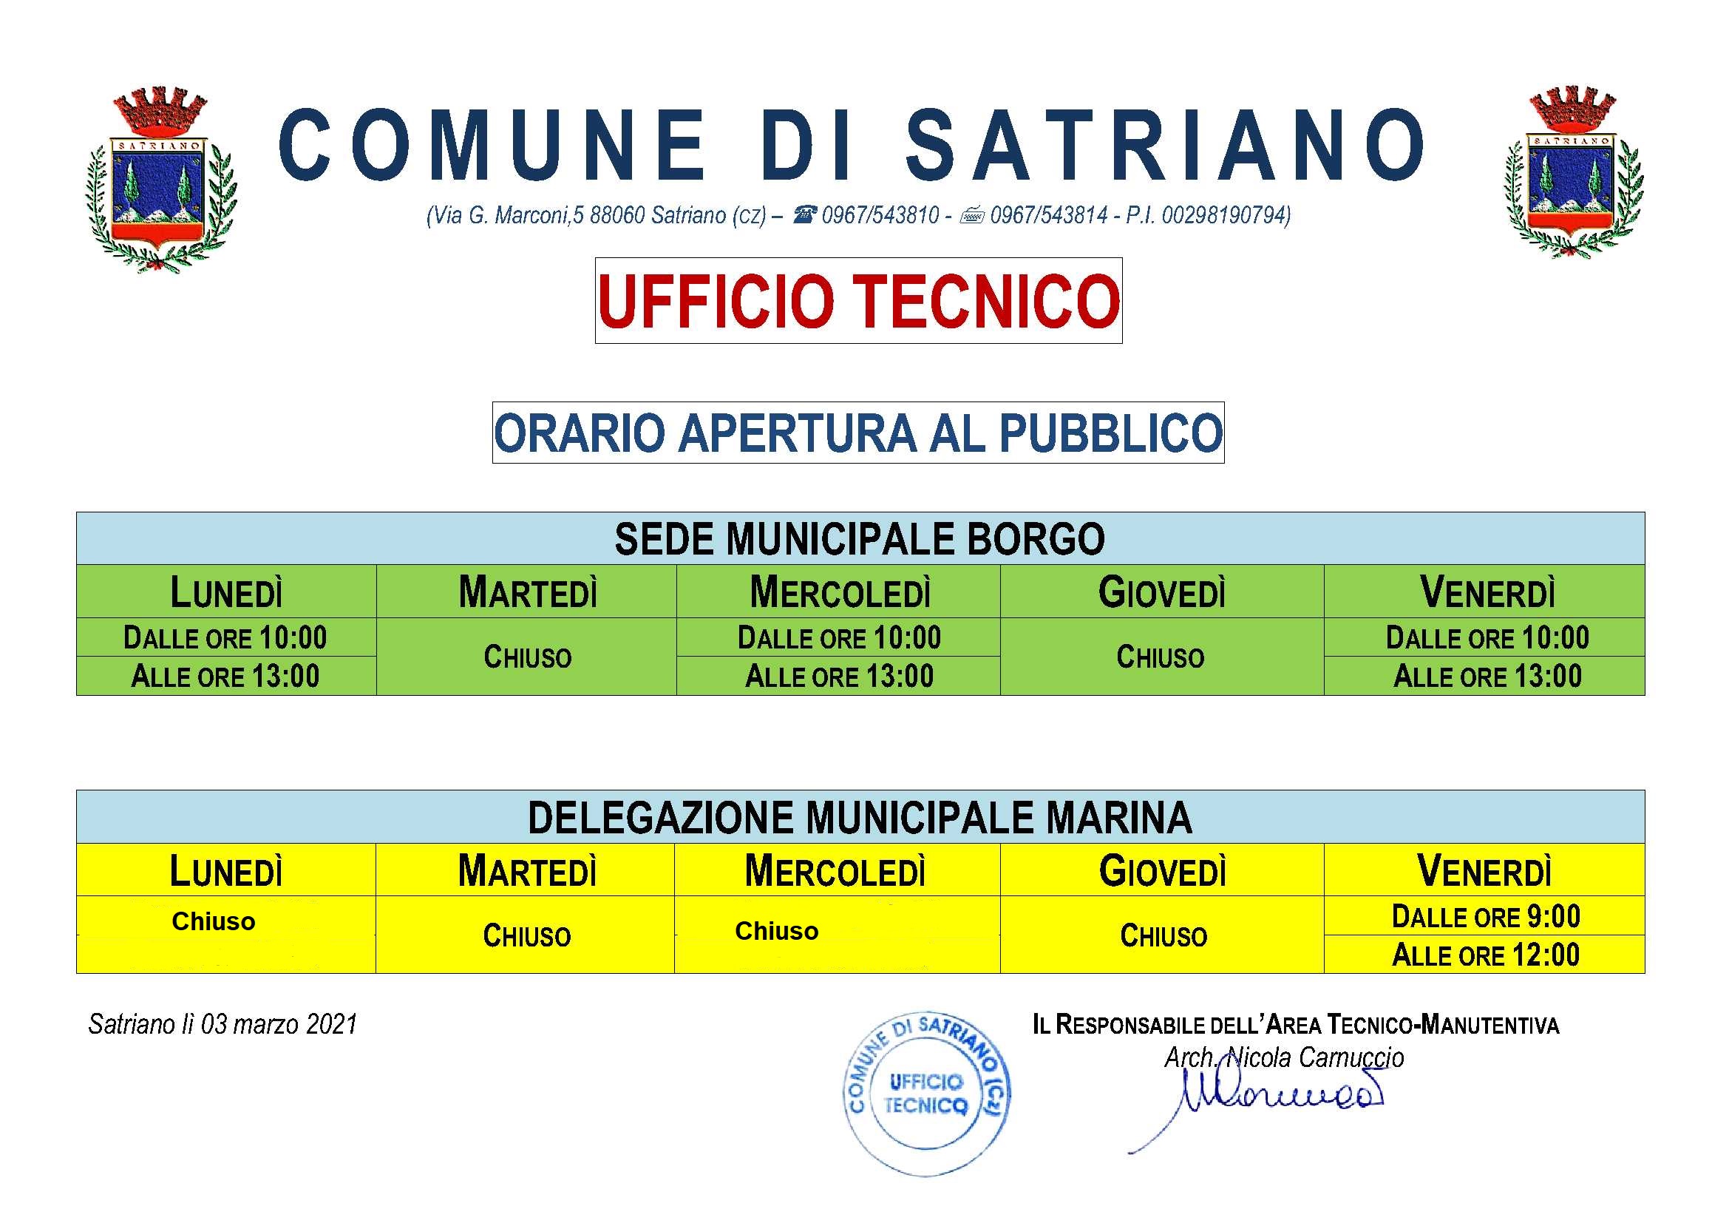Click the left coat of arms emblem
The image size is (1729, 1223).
pyautogui.click(x=161, y=180)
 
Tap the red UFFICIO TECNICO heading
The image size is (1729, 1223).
pyautogui.click(x=858, y=301)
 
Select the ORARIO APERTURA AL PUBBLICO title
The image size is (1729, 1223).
pyautogui.click(x=858, y=433)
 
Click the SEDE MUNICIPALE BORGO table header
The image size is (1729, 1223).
pyautogui.click(x=860, y=539)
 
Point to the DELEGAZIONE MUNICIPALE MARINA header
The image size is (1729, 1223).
pyautogui.click(x=860, y=818)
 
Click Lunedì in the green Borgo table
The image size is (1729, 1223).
pyautogui.click(x=226, y=592)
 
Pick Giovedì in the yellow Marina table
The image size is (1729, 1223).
pyautogui.click(x=1163, y=871)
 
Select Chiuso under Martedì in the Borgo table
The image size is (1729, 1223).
pyautogui.click(x=527, y=657)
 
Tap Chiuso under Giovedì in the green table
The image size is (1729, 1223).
pyautogui.click(x=1161, y=657)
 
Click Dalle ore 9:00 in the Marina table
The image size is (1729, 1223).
pyautogui.click(x=1485, y=917)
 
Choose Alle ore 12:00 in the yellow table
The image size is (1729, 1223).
pyautogui.click(x=1485, y=955)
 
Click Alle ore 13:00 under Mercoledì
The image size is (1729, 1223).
pyautogui.click(x=839, y=677)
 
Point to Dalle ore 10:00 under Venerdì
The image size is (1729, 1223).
pyautogui.click(x=1487, y=638)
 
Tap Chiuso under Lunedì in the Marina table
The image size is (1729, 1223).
pyautogui.click(x=214, y=922)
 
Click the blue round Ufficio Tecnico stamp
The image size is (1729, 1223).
pyautogui.click(x=926, y=1094)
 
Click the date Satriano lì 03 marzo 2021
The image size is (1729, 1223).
pyautogui.click(x=223, y=1024)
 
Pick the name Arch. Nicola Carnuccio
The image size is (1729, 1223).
pyautogui.click(x=1284, y=1058)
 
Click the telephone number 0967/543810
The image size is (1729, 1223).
pyautogui.click(x=880, y=216)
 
